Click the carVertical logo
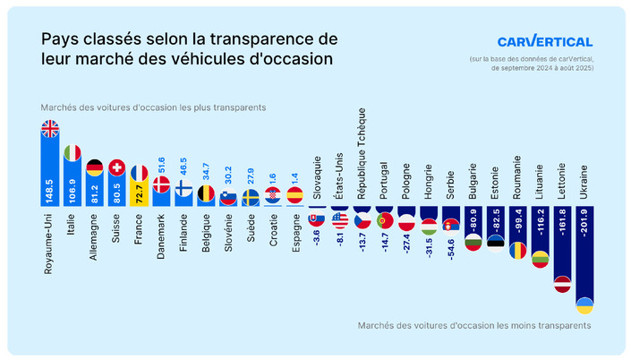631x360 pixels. pyautogui.click(x=544, y=41)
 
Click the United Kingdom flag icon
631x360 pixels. pyautogui.click(x=50, y=129)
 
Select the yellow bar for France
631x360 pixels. pyautogui.click(x=139, y=192)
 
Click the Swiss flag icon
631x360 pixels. pyautogui.click(x=116, y=167)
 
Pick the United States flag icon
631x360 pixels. pyautogui.click(x=339, y=219)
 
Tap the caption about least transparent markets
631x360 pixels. pyautogui.click(x=474, y=326)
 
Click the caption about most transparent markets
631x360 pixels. pyautogui.click(x=152, y=107)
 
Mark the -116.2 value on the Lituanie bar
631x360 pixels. pyautogui.click(x=539, y=229)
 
